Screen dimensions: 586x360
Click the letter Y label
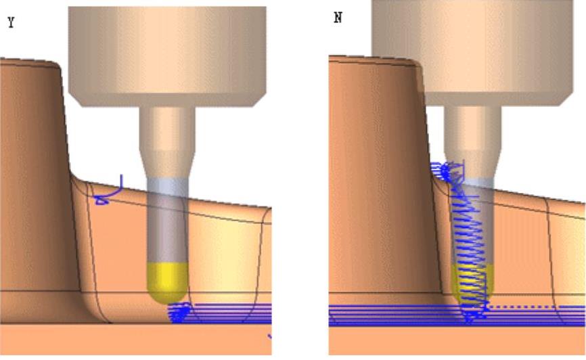[11, 22]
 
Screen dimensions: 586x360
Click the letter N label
[338, 18]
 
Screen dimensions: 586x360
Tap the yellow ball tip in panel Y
[167, 282]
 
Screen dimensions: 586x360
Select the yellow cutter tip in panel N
[473, 283]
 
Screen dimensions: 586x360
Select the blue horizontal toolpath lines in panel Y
[230, 313]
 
